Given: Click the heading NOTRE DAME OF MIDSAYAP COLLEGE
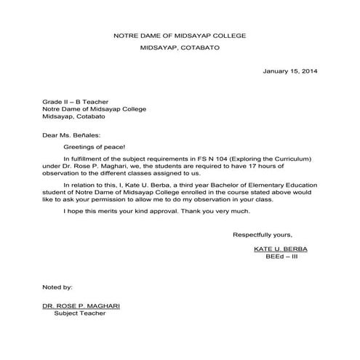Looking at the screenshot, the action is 180,36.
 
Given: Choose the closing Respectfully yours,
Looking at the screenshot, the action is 262,234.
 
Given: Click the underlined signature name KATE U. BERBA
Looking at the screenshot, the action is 281,249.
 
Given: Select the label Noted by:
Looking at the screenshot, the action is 57,288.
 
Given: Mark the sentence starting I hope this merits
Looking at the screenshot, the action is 157,211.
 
